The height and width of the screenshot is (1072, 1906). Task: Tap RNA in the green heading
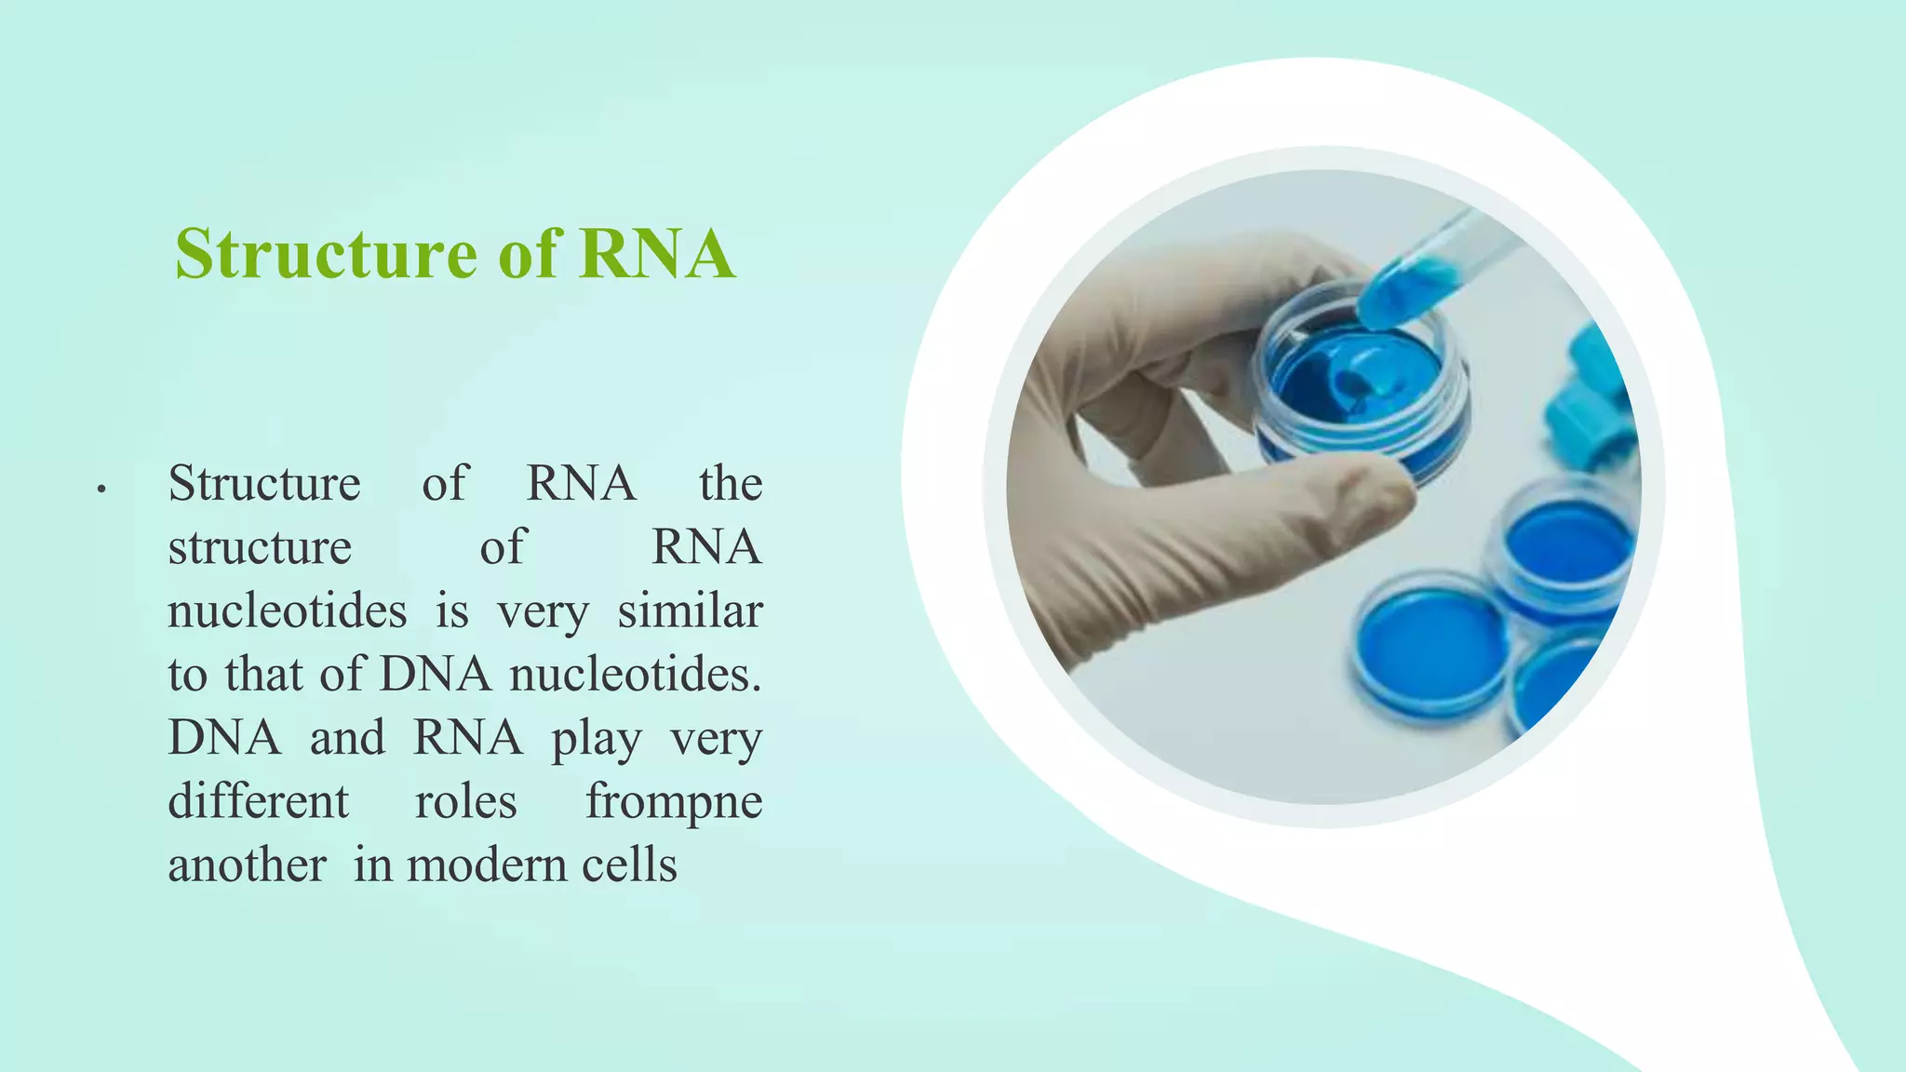(656, 254)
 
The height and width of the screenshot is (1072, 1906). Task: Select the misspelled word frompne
(674, 802)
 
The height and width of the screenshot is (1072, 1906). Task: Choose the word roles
(465, 802)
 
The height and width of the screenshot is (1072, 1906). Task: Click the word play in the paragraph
(596, 740)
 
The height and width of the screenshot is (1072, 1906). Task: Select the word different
(259, 802)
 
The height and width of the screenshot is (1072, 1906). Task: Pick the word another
(248, 865)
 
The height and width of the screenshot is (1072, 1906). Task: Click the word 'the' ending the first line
(731, 484)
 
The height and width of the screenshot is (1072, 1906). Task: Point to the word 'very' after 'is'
(542, 611)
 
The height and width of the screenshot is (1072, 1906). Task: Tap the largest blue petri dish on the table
(1431, 647)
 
